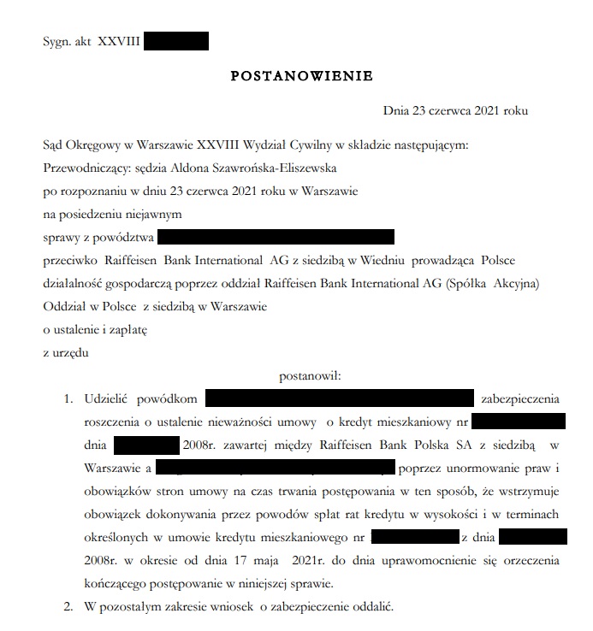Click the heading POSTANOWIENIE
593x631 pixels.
tap(301, 76)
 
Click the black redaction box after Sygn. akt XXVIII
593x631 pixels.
tap(176, 40)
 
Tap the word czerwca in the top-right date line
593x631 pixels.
tap(451, 111)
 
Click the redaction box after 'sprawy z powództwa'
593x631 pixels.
tap(276, 237)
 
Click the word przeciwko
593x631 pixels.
tap(70, 259)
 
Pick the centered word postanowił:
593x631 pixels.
tap(310, 375)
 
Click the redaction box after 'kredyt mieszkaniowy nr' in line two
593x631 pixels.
tap(518, 422)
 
